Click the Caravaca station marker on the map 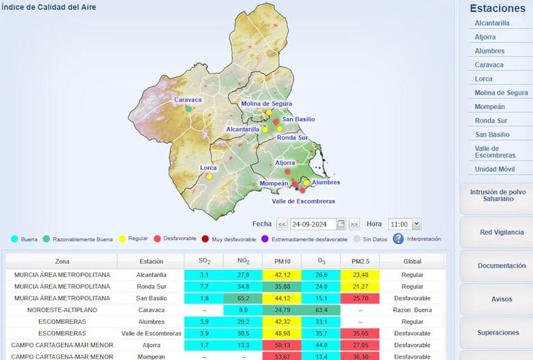(188, 109)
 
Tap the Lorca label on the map (208, 167)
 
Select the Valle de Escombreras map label (303, 201)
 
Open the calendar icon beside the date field (341, 224)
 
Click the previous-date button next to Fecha (282, 224)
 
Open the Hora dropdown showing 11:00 (405, 224)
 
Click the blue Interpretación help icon (398, 239)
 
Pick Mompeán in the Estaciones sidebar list (489, 107)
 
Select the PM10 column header (280, 262)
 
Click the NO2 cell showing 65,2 (243, 298)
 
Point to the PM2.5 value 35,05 (359, 333)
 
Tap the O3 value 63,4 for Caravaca (320, 309)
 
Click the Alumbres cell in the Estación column (150, 321)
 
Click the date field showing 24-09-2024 (312, 224)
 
